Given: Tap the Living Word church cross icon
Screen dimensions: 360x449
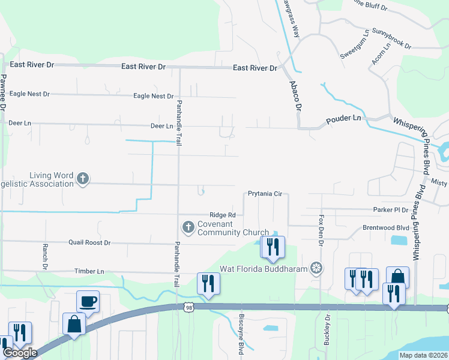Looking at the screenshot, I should pyautogui.click(x=83, y=178).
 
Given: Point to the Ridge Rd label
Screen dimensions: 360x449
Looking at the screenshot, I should pyautogui.click(x=222, y=215).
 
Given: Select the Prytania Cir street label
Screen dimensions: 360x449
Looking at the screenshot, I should pyautogui.click(x=265, y=194).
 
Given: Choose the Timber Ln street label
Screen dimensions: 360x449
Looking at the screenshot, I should pyautogui.click(x=89, y=271).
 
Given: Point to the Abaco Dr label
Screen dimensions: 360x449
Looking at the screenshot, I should pyautogui.click(x=295, y=95).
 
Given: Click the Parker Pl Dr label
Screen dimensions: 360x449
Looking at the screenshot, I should pyautogui.click(x=390, y=210).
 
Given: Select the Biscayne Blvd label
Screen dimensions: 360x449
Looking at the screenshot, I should pyautogui.click(x=241, y=341).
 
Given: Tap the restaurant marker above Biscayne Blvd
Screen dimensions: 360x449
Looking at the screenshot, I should pyautogui.click(x=208, y=283).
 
